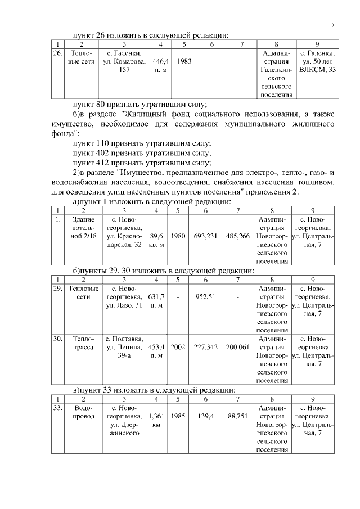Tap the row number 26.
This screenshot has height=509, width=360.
click(x=57, y=53)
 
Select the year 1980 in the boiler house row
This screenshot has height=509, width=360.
click(x=178, y=236)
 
